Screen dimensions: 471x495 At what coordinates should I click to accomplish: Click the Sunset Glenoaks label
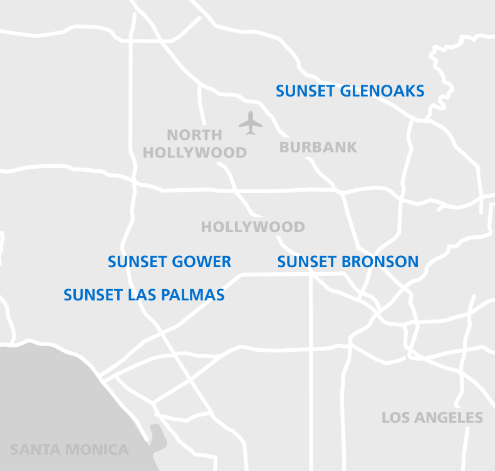[x=350, y=91]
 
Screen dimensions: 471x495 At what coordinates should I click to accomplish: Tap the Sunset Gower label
[x=169, y=262]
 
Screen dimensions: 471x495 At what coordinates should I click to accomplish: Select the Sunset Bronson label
[x=348, y=262]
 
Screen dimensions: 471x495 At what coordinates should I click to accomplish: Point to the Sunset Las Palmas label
[x=144, y=295]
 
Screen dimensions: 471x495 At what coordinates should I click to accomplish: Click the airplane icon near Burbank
[x=251, y=123]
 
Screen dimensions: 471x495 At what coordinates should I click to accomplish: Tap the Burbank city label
[x=318, y=147]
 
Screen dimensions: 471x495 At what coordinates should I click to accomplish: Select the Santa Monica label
[x=69, y=450]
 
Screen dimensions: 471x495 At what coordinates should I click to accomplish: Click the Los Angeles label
[x=432, y=418]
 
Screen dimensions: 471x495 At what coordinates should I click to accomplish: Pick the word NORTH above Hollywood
[x=194, y=135]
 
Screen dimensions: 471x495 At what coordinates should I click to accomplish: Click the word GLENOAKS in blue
[x=382, y=91]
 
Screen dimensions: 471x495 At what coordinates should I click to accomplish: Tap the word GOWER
[x=203, y=262]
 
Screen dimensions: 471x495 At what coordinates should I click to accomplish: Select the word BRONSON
[x=380, y=262]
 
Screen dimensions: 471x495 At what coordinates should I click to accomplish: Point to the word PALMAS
[x=194, y=295]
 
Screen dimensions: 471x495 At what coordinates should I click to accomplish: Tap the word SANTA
[x=32, y=450]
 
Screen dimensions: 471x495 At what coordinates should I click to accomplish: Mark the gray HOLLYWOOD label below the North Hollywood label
[x=253, y=227]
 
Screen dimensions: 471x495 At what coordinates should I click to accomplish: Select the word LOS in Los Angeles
[x=395, y=418]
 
